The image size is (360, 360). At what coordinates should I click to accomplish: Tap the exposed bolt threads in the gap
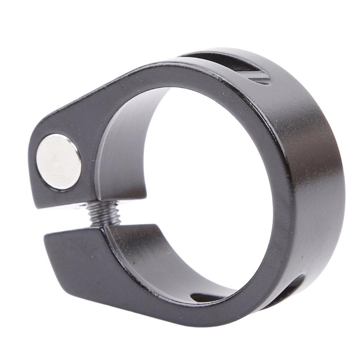click(x=104, y=213)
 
